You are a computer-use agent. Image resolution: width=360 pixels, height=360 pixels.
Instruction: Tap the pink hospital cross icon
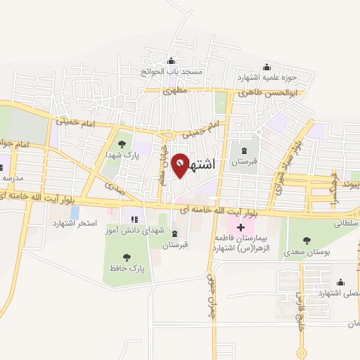[x=240, y=227]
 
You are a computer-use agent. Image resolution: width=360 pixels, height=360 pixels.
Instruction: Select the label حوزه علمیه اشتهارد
[x=266, y=77]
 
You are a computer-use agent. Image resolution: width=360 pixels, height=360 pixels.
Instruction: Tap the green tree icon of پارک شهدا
[x=122, y=144]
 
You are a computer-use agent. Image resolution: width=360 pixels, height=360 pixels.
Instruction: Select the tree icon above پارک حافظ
[x=127, y=257]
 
